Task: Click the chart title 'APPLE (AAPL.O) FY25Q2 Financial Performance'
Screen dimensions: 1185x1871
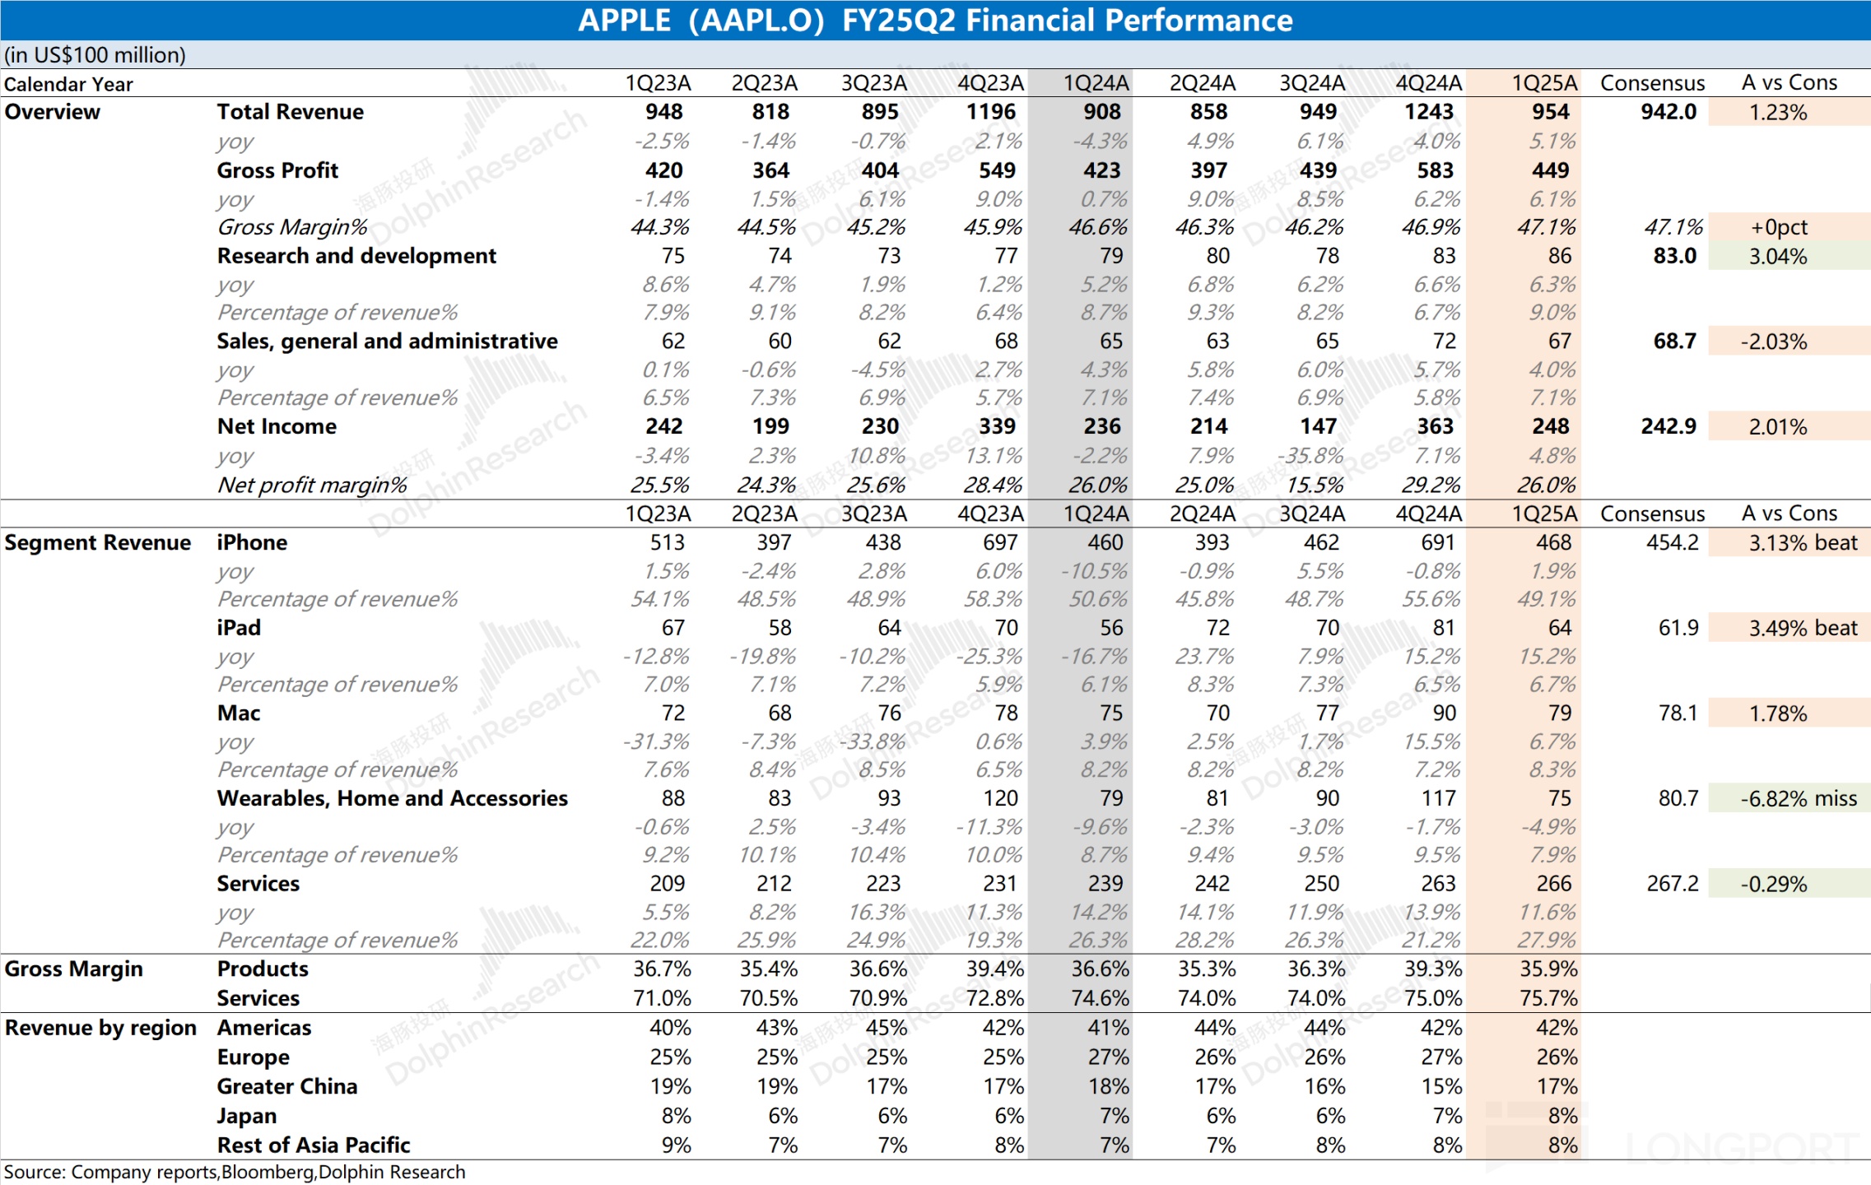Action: tap(935, 21)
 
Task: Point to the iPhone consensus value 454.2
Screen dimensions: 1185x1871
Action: tap(1672, 542)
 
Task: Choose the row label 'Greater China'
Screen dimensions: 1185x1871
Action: tap(286, 1086)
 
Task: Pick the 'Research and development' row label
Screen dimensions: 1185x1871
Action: tap(356, 256)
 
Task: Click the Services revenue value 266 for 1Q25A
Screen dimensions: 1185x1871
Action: tap(1553, 883)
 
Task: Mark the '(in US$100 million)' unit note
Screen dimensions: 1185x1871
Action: tap(95, 55)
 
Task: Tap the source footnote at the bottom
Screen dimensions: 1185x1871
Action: tap(235, 1172)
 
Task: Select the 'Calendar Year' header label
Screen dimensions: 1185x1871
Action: tap(68, 84)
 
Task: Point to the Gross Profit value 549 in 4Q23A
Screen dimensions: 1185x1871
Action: tap(997, 170)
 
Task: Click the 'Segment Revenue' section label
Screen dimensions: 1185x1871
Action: tap(97, 542)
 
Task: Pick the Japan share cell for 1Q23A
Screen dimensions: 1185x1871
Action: tap(676, 1116)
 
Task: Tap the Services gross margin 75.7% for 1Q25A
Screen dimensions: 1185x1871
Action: tap(1548, 998)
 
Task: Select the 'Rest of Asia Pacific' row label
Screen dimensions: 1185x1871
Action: tap(313, 1145)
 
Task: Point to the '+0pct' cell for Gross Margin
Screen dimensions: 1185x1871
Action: tap(1779, 227)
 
